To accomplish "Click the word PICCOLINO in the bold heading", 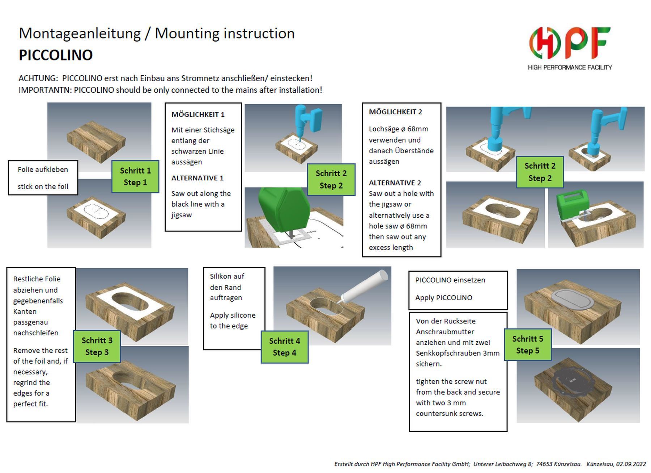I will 56,55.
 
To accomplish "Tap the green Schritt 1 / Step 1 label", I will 135,176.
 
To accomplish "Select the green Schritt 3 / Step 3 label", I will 97,346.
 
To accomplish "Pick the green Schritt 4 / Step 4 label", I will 285,347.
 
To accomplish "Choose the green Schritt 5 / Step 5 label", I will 528,345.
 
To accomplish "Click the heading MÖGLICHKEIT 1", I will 198,114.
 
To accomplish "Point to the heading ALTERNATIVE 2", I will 395,183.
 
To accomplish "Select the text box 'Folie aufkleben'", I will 43,178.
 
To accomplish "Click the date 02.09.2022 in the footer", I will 631,464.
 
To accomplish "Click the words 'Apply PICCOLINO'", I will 444,298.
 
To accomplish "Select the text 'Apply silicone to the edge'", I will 233,321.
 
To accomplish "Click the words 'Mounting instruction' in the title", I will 225,33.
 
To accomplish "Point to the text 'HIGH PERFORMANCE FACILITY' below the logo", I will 570,67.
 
